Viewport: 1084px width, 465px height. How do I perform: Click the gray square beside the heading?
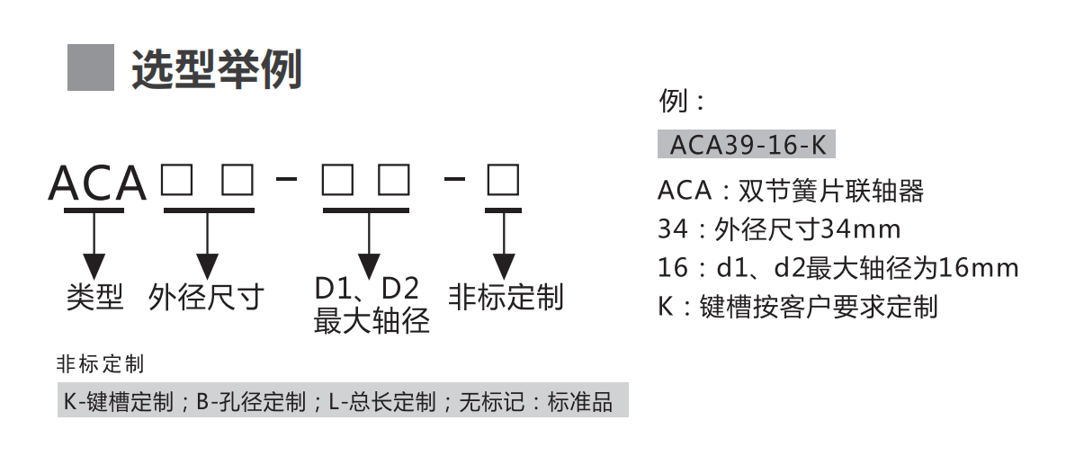click(x=91, y=67)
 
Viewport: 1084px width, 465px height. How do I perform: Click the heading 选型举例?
click(x=216, y=68)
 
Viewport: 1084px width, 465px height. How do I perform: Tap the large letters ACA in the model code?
click(x=97, y=183)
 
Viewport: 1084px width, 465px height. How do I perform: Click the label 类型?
click(x=94, y=296)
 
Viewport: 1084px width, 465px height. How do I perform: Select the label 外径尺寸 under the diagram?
click(x=206, y=296)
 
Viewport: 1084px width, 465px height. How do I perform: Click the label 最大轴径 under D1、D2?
click(x=372, y=320)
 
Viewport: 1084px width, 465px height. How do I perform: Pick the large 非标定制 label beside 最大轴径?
click(x=506, y=296)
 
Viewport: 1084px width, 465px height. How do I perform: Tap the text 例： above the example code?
click(x=681, y=101)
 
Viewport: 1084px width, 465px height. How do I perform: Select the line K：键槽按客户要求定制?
click(x=797, y=307)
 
